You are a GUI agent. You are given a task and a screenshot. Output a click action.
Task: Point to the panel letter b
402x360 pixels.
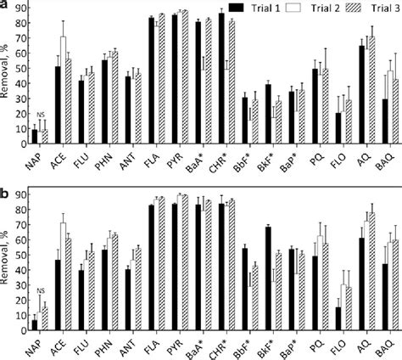tap(4, 186)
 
